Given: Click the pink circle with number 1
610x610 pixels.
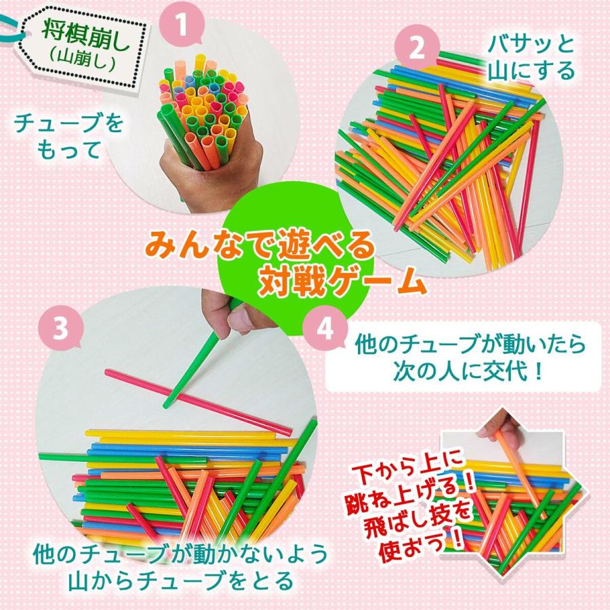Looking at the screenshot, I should tap(181, 26).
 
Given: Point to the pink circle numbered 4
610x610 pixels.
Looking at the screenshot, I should tap(325, 330).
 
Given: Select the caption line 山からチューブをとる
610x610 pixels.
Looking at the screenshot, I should tap(180, 580).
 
